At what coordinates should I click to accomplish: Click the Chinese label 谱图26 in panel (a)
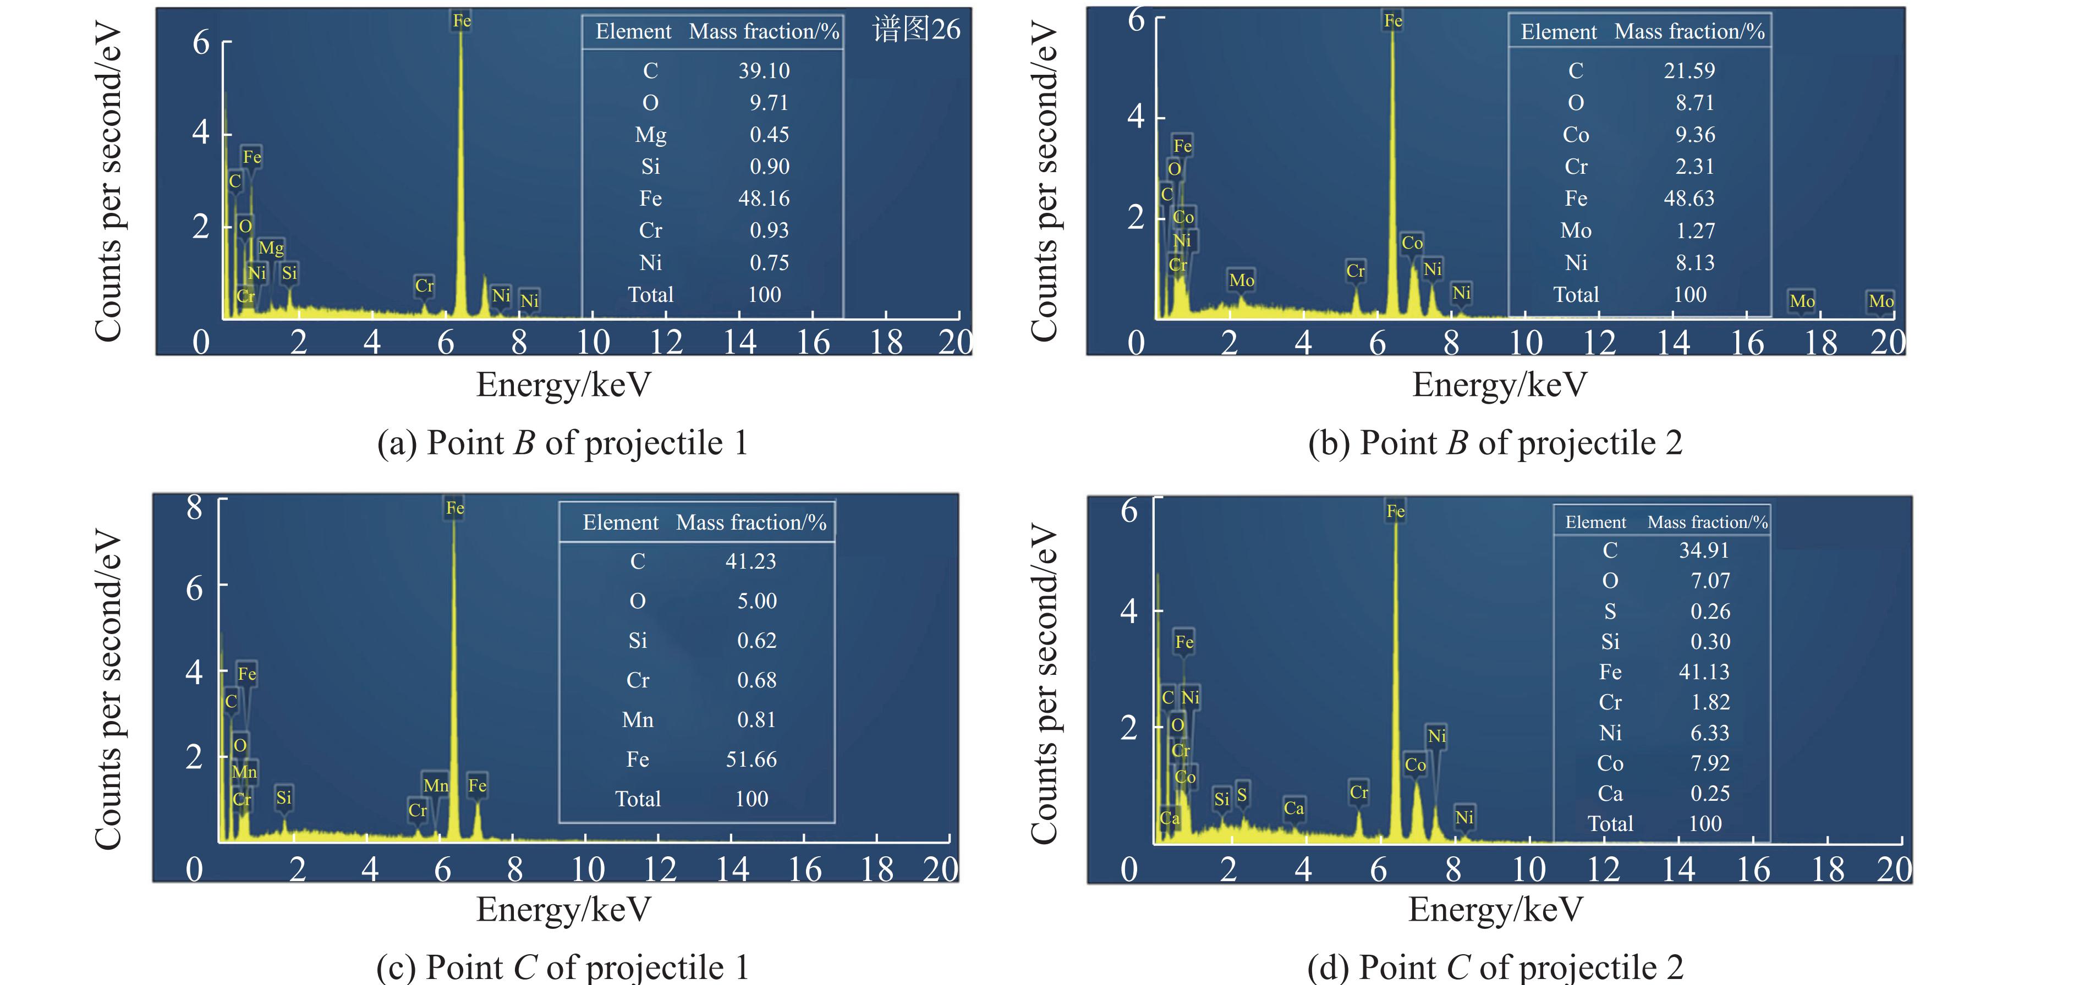point(916,30)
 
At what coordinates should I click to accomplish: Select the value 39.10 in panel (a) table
point(764,71)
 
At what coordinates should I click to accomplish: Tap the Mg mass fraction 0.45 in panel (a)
point(769,135)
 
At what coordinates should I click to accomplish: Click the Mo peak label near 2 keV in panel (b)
point(1241,280)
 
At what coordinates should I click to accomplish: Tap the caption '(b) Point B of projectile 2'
point(1495,443)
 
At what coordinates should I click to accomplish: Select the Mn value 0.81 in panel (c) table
point(756,719)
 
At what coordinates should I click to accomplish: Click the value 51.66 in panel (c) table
point(750,759)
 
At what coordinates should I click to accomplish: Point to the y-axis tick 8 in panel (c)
point(195,508)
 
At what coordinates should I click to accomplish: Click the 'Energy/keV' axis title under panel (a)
point(563,385)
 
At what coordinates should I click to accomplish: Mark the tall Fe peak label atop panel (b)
point(1393,21)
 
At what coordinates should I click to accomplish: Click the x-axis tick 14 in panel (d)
point(1678,870)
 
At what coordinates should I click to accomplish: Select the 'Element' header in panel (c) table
point(621,523)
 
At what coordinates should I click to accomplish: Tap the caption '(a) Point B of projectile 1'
point(563,443)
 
